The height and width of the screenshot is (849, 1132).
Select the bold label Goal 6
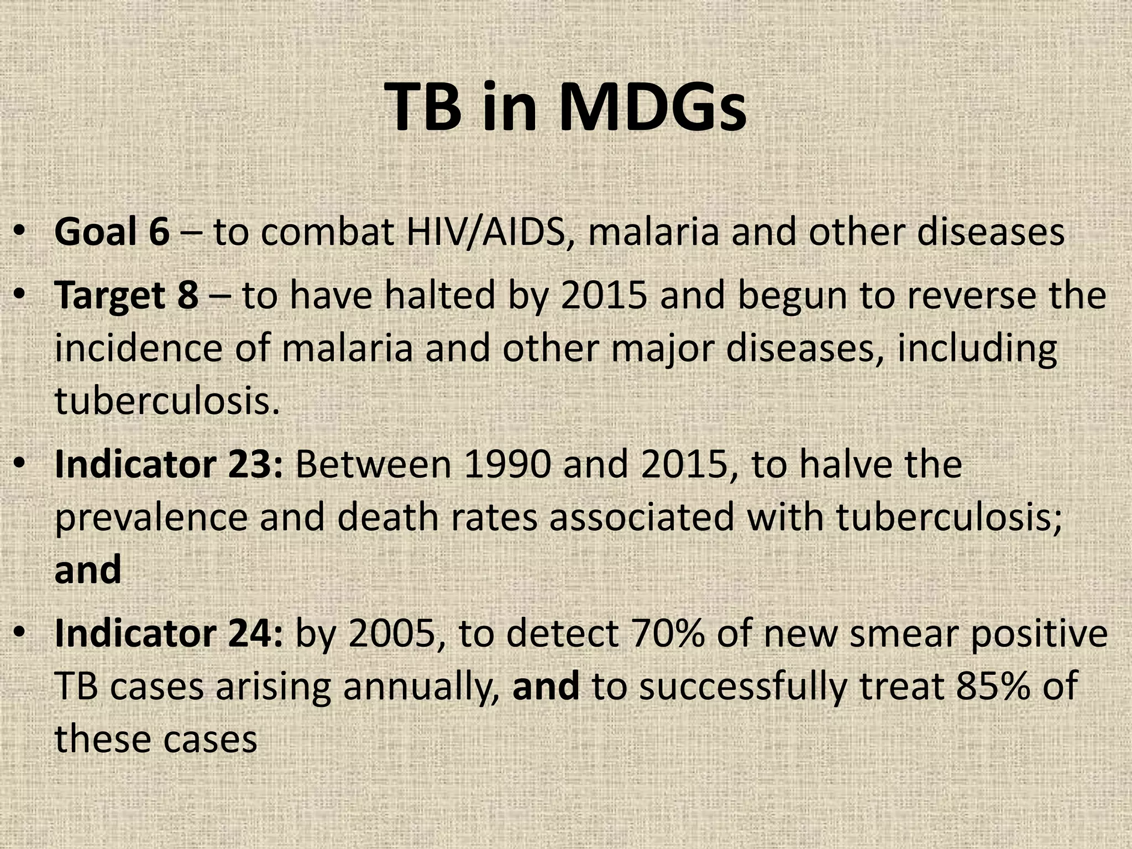(x=112, y=232)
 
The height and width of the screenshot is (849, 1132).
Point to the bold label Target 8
(x=127, y=296)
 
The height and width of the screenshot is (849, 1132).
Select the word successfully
(x=743, y=686)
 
